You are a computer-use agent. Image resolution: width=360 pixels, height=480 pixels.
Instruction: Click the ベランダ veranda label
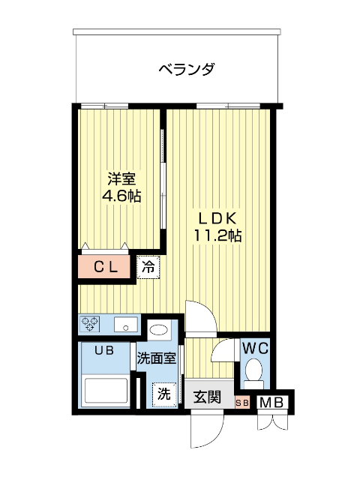187,70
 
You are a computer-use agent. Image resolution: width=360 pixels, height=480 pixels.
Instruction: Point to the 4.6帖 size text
121,196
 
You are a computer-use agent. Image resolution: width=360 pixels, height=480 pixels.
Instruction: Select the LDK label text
217,218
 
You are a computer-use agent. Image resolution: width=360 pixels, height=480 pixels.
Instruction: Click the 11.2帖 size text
217,235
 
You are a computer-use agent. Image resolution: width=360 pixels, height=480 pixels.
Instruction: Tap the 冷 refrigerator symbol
148,266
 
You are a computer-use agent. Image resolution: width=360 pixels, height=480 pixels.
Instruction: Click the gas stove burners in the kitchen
91,325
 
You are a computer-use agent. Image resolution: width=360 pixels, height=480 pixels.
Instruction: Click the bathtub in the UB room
106,390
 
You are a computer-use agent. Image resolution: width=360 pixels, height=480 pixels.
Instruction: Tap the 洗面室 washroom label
156,358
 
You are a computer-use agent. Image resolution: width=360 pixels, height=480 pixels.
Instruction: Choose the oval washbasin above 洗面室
158,330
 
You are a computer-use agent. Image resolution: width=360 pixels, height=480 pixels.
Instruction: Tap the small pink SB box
241,403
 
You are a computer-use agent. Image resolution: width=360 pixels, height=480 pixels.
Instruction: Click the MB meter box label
271,403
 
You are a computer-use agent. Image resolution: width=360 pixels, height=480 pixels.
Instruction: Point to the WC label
254,348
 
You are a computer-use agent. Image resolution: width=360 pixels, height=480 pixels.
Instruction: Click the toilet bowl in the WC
254,371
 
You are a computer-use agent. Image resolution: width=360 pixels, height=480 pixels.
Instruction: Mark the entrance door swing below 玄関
205,430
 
